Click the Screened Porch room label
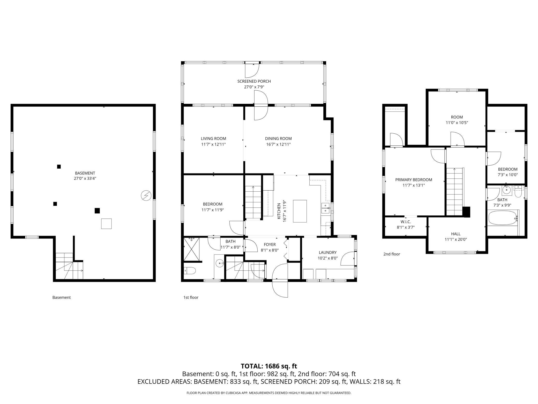pos(254,81)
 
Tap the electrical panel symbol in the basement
pos(146,196)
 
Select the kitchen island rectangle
pos(300,211)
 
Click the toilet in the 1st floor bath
pos(190,271)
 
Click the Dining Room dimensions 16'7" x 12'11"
pos(278,144)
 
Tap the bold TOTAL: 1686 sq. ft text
pos(269,366)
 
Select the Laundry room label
pos(327,253)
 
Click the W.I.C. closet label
pos(406,222)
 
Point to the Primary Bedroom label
pos(414,180)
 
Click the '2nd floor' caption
pos(392,254)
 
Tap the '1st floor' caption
pos(191,297)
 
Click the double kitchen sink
pos(325,208)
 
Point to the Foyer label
pos(270,244)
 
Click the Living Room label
pos(213,139)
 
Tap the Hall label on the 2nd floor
pos(455,234)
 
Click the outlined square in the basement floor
pos(106,224)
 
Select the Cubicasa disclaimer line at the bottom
pos(269,393)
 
